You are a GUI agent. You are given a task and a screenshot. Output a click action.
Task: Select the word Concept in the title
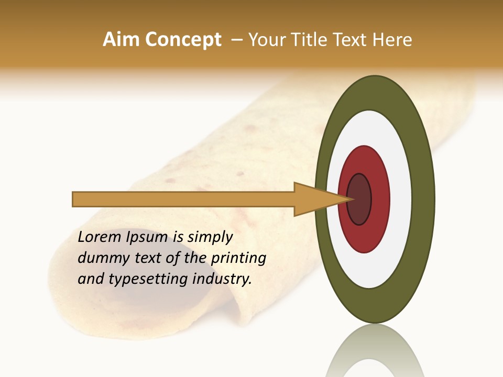(183, 40)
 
